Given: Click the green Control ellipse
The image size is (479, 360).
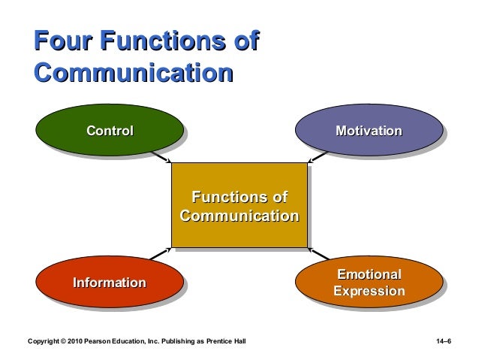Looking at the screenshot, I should [x=110, y=132].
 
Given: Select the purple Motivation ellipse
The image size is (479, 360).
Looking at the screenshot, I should [x=368, y=132].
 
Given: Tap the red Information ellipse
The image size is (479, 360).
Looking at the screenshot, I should [x=110, y=283].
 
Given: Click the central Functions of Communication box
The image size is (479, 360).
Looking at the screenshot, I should [x=239, y=207].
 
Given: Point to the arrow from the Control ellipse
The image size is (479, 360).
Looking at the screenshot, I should [x=161, y=156].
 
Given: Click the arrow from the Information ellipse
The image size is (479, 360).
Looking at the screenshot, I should [x=161, y=256].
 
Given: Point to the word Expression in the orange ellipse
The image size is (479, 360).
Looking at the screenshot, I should [x=368, y=291].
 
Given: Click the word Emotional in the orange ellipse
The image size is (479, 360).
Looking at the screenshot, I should [x=368, y=274].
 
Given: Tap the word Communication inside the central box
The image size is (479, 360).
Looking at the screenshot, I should [x=239, y=216].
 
